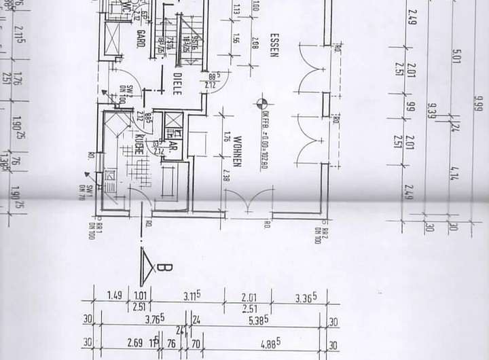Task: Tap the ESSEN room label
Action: [x=274, y=44]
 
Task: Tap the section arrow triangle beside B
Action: [x=147, y=267]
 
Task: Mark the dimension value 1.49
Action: [x=115, y=295]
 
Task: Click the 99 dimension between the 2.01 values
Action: [x=410, y=107]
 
